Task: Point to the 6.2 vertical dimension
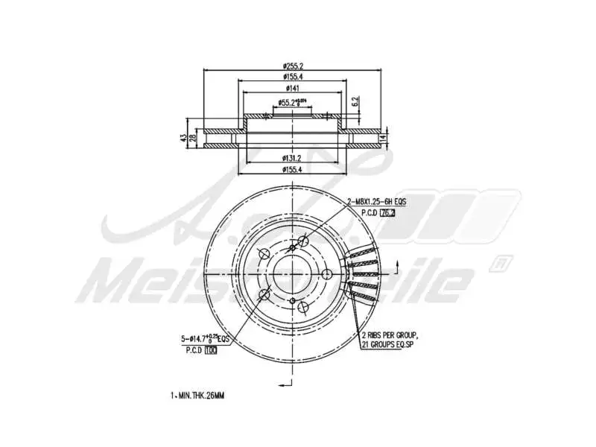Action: point(356,100)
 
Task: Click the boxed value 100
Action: point(211,350)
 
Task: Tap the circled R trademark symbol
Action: point(501,262)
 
